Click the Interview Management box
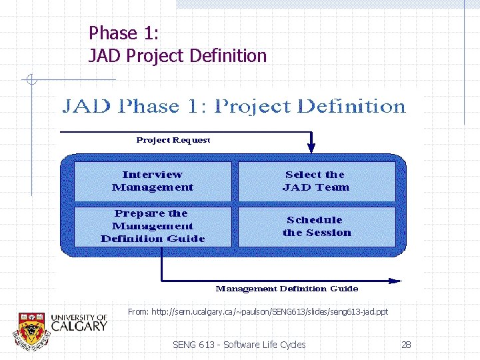153,181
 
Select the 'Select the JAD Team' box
316,181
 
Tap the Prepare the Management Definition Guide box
153,227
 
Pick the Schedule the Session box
316,227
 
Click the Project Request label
173,140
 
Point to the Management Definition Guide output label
287,289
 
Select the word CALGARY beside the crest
79,326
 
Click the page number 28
406,345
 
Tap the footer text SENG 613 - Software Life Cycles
239,345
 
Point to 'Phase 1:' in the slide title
123,33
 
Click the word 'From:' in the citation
138,311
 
